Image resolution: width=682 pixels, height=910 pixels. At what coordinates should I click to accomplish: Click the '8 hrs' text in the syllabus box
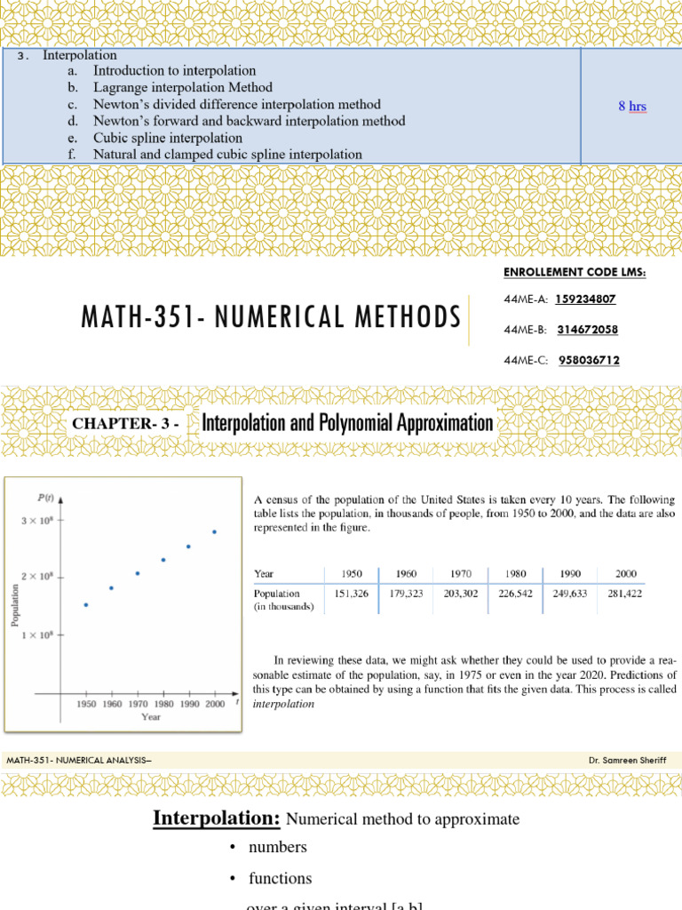pyautogui.click(x=632, y=107)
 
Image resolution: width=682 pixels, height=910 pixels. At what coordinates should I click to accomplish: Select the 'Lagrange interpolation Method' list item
pyautogui.click(x=183, y=87)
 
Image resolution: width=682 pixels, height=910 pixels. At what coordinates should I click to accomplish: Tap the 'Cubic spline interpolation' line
pyautogui.click(x=168, y=138)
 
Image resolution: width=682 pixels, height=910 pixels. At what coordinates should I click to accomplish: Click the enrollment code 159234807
pyautogui.click(x=585, y=299)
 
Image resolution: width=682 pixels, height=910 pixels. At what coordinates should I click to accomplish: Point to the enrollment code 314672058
pyautogui.click(x=588, y=330)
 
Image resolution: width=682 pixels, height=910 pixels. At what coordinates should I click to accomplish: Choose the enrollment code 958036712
pyautogui.click(x=590, y=360)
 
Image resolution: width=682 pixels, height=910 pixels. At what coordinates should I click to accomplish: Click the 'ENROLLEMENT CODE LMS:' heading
pyautogui.click(x=575, y=272)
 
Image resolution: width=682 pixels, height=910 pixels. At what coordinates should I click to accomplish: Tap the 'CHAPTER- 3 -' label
pyautogui.click(x=126, y=424)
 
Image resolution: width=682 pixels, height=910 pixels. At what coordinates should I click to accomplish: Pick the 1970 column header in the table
pyautogui.click(x=461, y=573)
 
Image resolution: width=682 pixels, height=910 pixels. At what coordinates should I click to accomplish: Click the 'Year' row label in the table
pyautogui.click(x=264, y=573)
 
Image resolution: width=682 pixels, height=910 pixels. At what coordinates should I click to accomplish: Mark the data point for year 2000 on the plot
pyautogui.click(x=214, y=531)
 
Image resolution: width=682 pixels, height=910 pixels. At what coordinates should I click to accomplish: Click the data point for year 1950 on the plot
pyautogui.click(x=86, y=604)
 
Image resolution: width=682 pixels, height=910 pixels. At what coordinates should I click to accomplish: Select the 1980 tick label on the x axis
pyautogui.click(x=163, y=703)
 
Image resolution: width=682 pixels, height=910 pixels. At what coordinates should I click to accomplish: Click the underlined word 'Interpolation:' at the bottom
pyautogui.click(x=218, y=818)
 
